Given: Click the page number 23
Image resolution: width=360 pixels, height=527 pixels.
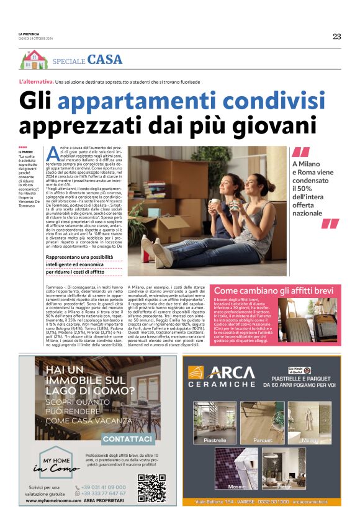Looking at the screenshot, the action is pyautogui.click(x=336, y=37).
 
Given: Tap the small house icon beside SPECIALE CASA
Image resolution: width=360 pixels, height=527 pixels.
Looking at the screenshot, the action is pyautogui.click(x=34, y=60).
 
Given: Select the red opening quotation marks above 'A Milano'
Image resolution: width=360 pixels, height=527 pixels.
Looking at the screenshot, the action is pyautogui.click(x=300, y=153).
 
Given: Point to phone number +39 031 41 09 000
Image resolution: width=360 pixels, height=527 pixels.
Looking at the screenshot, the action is pyautogui.click(x=103, y=487).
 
